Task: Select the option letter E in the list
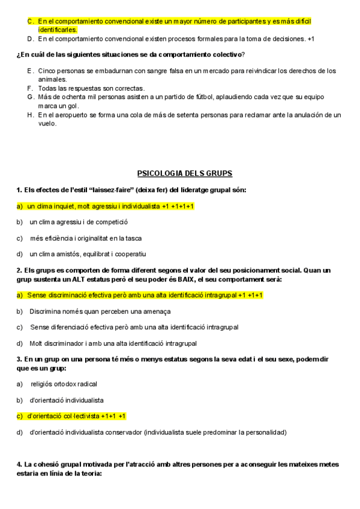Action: coord(29,70)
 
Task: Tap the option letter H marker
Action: coord(29,114)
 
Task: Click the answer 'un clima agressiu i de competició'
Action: coord(79,222)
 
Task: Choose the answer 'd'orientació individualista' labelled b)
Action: coord(67,400)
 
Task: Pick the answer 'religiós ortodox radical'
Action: coord(64,384)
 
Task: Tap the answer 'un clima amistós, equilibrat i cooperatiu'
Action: coord(88,254)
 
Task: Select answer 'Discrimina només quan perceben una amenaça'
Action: coord(100,311)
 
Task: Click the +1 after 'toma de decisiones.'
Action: coord(310,39)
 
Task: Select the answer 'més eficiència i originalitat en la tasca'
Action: coord(86,238)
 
